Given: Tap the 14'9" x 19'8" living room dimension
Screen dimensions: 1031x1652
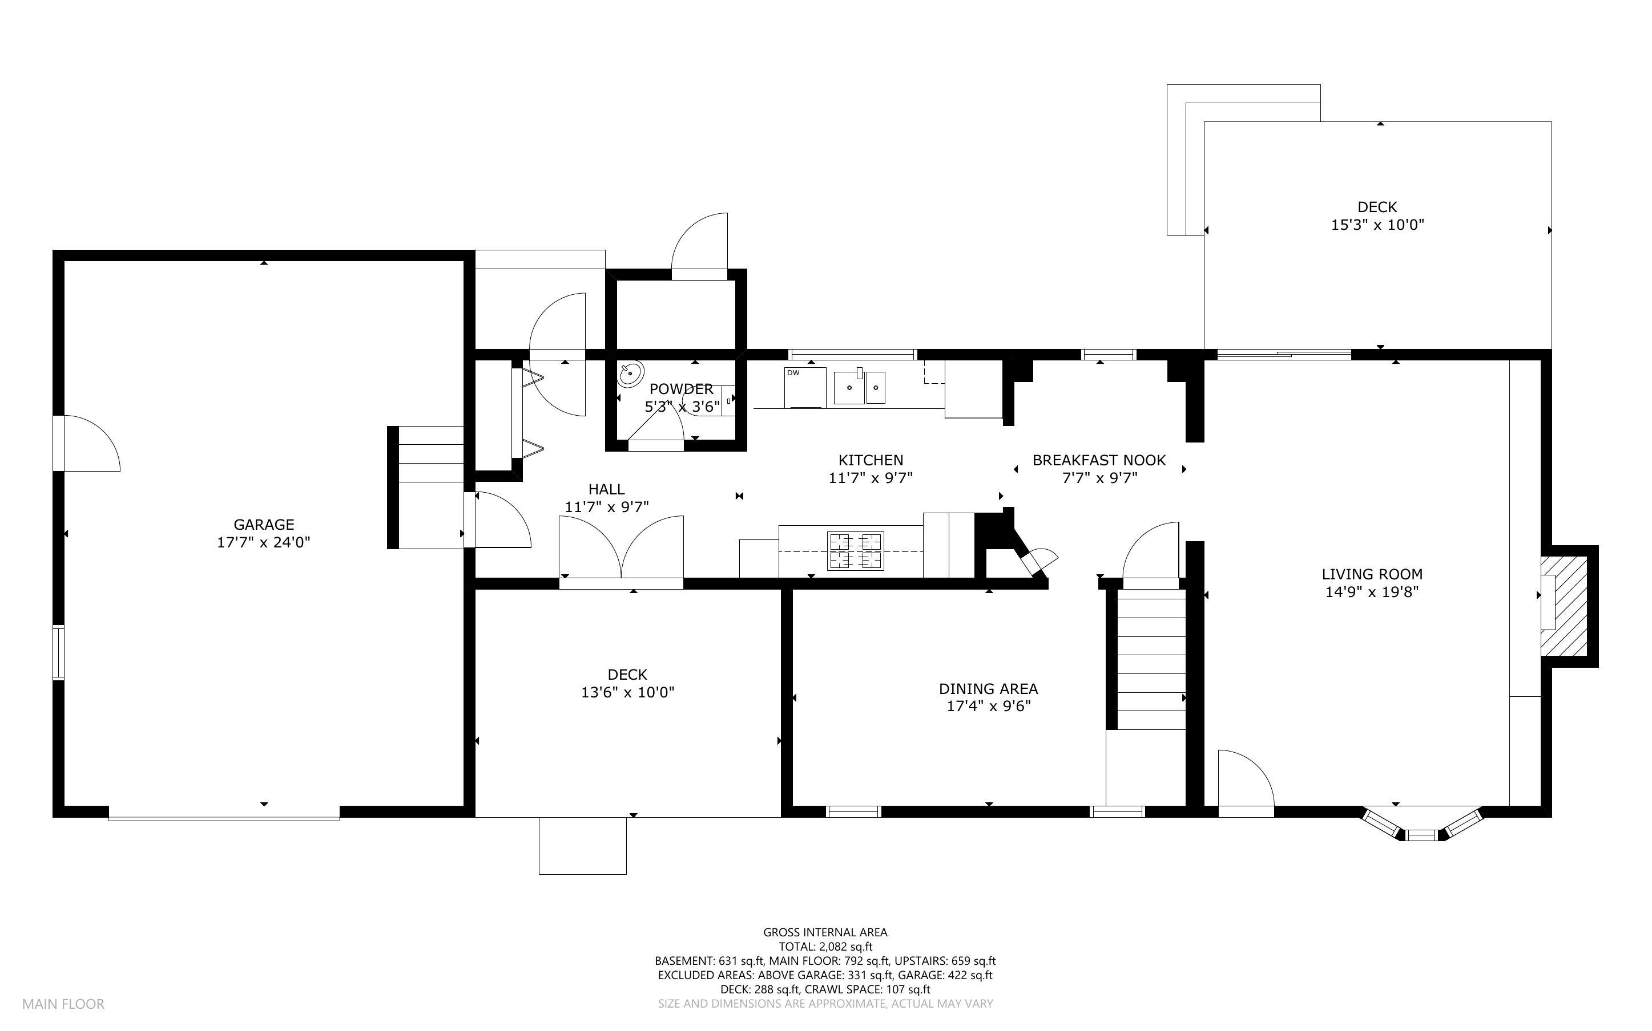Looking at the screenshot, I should pyautogui.click(x=1372, y=592).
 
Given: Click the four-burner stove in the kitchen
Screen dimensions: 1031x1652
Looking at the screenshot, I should pyautogui.click(x=855, y=550).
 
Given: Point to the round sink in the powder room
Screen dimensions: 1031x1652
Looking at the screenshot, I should pyautogui.click(x=631, y=374).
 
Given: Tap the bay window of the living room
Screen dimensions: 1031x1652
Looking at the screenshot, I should pyautogui.click(x=1422, y=825).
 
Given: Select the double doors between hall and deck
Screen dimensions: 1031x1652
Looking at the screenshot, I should pyautogui.click(x=621, y=549).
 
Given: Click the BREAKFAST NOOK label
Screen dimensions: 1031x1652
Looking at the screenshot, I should pyautogui.click(x=1099, y=460).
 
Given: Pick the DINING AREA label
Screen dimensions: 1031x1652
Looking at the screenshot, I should pyautogui.click(x=988, y=689).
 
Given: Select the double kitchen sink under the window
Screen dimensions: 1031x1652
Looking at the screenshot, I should pyautogui.click(x=859, y=388).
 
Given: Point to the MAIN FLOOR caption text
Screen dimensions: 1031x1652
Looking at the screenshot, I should pyautogui.click(x=63, y=1004).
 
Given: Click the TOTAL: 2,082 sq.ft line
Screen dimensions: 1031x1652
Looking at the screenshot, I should pyautogui.click(x=825, y=947).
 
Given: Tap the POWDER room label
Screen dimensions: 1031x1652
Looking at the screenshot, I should pyautogui.click(x=681, y=389).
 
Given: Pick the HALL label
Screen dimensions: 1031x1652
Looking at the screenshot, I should pyautogui.click(x=606, y=489).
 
